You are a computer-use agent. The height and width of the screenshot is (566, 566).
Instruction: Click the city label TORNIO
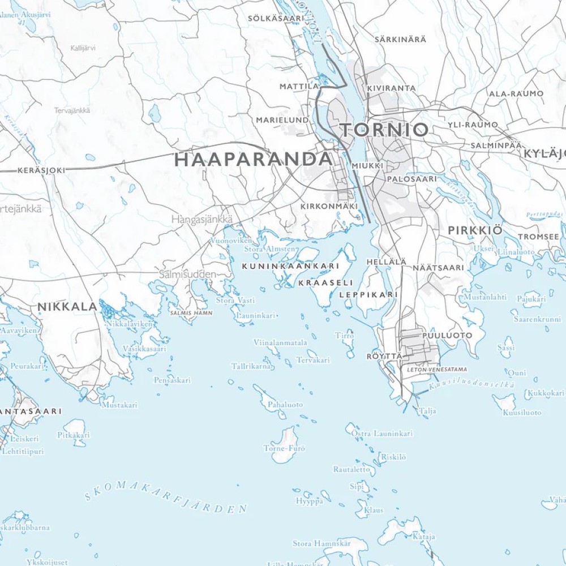[384, 130]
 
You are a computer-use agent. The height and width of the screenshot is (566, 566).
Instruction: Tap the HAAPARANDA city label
[253, 159]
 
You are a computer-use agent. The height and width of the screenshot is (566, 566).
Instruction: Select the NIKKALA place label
[67, 306]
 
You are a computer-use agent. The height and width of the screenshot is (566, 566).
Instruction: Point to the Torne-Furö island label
[284, 448]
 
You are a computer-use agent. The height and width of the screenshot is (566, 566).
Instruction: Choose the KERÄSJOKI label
[41, 170]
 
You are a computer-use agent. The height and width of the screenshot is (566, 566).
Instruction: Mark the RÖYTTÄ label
[384, 356]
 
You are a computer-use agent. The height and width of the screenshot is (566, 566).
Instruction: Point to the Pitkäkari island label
[74, 435]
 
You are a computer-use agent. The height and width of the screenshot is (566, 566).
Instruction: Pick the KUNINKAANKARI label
[290, 265]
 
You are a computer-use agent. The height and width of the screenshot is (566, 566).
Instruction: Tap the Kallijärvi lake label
[83, 48]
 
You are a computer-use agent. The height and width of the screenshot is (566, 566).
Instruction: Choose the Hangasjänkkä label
[201, 218]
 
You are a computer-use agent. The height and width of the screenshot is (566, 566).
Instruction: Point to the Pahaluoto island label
[285, 405]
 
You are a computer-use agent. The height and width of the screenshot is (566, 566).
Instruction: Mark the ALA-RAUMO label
[516, 93]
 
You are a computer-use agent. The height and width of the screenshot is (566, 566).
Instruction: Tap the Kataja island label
[423, 537]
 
